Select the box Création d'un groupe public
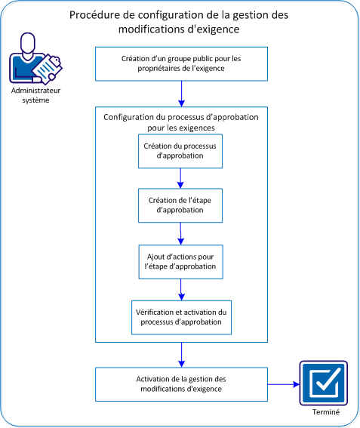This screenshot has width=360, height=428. (180, 63)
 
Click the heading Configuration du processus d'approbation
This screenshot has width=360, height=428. (180, 122)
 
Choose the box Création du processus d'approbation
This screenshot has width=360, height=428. (180, 151)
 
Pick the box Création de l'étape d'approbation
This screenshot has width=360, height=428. (180, 205)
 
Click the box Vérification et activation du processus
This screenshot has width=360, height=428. (180, 316)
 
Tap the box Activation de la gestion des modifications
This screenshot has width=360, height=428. (180, 384)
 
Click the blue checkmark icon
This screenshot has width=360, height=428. (323, 384)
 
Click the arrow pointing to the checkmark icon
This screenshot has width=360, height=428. (282, 384)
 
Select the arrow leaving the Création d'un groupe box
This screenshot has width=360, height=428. (181, 92)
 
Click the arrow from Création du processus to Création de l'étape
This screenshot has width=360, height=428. (181, 177)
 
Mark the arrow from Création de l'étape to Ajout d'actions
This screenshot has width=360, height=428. (181, 232)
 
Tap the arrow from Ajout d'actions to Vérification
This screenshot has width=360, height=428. (181, 288)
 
